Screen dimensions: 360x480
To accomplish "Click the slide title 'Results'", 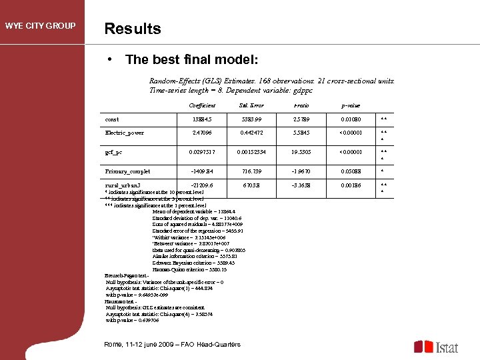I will pos(132,29).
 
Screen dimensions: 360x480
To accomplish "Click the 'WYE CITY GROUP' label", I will pos(40,27).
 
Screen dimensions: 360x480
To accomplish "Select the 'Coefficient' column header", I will pos(202,105).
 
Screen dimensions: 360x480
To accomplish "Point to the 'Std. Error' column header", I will pos(251,105).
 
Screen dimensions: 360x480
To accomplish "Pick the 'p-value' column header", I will pos(351,105).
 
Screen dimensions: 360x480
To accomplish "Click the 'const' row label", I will pos(112,119).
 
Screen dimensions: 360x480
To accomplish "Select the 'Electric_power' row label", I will pos(124,133).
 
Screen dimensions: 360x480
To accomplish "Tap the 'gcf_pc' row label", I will pos(113,152).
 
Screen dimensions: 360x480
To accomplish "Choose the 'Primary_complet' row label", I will pos(127,171).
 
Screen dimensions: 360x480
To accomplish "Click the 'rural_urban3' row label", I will pos(123,185).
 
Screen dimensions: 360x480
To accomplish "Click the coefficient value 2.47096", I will pos(202,133).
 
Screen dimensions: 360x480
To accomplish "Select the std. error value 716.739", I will pos(251,171).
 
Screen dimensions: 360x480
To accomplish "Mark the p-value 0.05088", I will pos(351,171).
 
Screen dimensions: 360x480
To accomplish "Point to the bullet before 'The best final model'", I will pos(109,59).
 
